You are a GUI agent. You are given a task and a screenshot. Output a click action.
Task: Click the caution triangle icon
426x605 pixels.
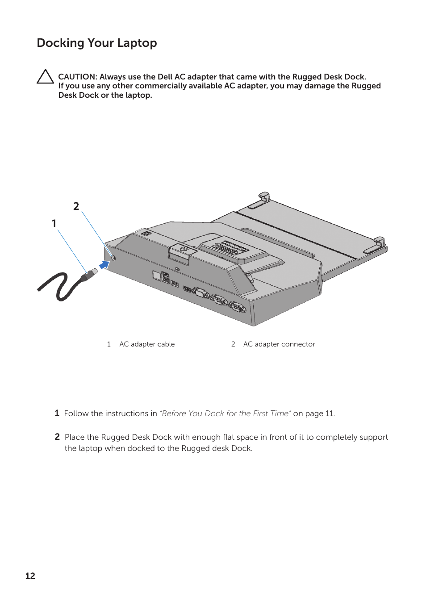(x=45, y=77)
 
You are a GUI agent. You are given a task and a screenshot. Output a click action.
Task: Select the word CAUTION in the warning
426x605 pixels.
(x=76, y=77)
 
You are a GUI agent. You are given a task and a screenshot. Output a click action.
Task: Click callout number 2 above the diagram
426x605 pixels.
(x=76, y=206)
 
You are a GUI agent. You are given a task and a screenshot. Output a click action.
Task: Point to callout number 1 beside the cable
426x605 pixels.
(x=54, y=224)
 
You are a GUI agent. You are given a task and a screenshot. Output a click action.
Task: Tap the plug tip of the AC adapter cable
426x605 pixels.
(x=94, y=271)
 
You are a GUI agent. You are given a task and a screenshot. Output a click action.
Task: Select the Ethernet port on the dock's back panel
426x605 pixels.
(x=157, y=275)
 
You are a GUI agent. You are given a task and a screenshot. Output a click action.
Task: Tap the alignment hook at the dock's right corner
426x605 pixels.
(x=379, y=242)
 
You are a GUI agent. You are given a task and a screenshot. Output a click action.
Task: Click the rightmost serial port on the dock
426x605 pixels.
(x=237, y=307)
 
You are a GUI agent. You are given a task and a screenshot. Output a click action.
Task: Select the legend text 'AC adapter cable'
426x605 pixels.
(x=147, y=344)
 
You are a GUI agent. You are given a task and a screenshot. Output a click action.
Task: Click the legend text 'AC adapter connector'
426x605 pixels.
(x=279, y=344)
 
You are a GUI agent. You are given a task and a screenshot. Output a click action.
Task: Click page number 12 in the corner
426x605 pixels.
(x=30, y=576)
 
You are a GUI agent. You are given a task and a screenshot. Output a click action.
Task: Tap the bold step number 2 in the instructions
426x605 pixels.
(x=57, y=437)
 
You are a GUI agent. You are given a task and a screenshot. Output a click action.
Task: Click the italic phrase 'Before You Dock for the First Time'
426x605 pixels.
(x=226, y=413)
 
